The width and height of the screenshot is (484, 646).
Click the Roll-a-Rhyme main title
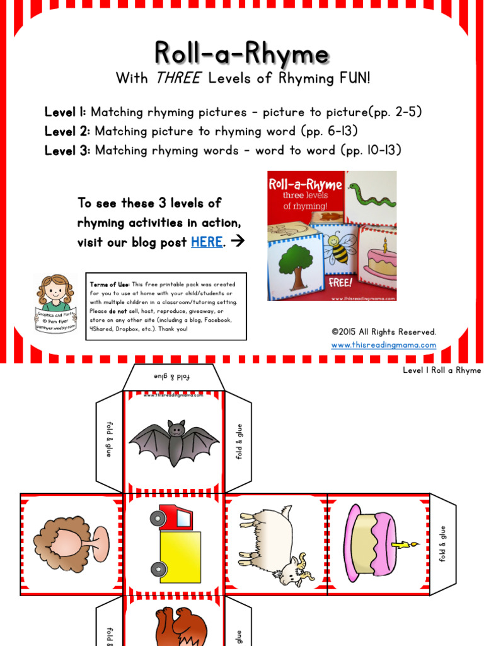(x=242, y=54)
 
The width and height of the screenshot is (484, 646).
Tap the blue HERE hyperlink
(x=206, y=242)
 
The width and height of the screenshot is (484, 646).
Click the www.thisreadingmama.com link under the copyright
(x=383, y=345)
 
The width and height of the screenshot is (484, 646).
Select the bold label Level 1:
(x=66, y=112)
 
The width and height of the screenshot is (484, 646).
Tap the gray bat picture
(x=173, y=442)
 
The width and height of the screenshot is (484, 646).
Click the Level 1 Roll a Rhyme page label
(x=441, y=370)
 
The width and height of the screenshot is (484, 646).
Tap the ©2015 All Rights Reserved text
(x=383, y=332)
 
